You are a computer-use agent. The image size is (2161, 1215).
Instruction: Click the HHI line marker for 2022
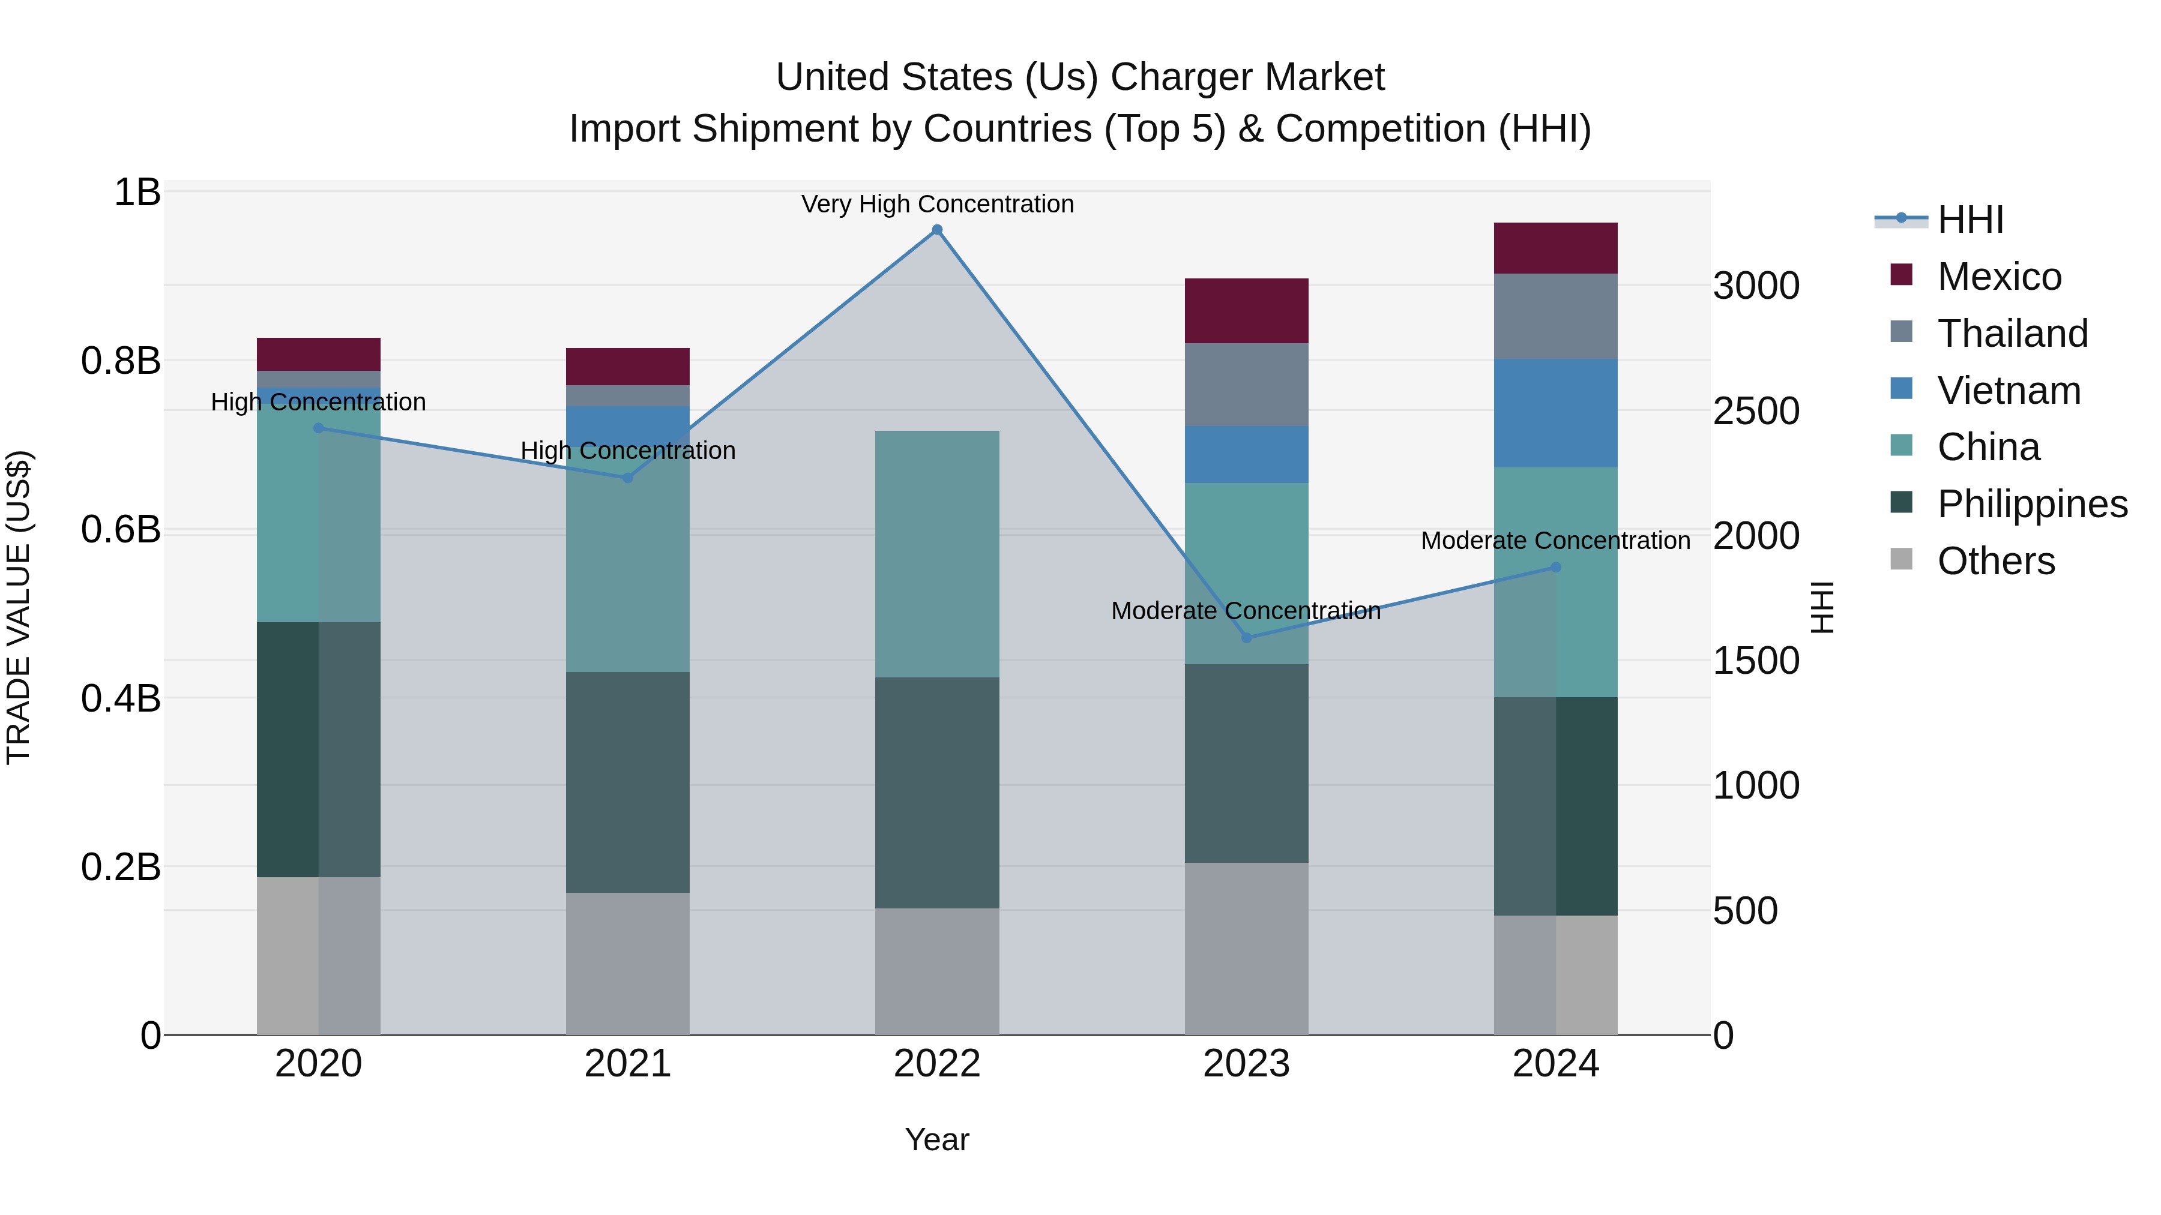coord(937,230)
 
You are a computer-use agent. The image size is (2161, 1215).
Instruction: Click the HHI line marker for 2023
coord(1247,637)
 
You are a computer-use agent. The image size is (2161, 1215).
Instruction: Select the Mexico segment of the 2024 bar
coord(1555,248)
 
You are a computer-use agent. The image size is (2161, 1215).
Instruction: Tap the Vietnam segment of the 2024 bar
coord(1555,413)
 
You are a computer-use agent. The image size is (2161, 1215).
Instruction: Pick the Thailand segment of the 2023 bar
coord(1247,384)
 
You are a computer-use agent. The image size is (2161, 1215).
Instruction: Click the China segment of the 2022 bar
coord(937,553)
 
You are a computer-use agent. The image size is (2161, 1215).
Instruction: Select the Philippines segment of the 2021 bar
coord(627,781)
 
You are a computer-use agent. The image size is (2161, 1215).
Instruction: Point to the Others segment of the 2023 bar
coord(1247,947)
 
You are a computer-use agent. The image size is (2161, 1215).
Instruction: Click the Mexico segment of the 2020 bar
coord(318,354)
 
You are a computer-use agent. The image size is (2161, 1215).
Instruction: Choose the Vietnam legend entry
coord(2009,391)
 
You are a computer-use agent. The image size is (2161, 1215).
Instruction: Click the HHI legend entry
coord(1970,220)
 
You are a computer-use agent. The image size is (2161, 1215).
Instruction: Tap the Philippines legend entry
coord(2032,504)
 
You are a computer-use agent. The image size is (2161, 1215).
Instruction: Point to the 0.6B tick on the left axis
coord(121,530)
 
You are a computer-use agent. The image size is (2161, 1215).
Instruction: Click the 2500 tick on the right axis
coord(1756,411)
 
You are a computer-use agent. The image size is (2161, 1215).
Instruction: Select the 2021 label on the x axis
coord(627,1063)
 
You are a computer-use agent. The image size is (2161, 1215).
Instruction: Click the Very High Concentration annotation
coord(937,204)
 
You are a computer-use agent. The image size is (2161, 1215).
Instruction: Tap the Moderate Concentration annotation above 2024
coord(1555,541)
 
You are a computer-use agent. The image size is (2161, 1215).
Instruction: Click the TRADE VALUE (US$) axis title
coord(19,607)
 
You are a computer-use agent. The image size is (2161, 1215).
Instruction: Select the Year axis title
coord(937,1139)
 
